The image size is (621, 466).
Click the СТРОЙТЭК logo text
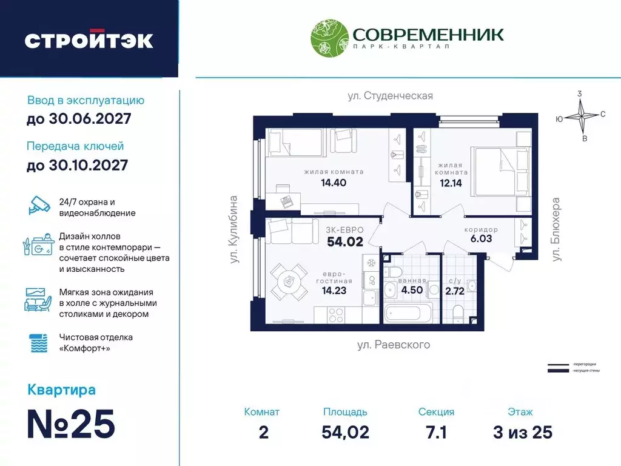(89, 40)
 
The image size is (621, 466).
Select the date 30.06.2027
(79, 119)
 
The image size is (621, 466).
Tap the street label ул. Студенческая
(390, 96)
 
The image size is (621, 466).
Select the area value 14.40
(334, 182)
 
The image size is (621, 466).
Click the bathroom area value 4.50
(412, 289)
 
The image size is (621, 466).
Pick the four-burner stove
(335, 316)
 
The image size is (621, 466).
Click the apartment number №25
(72, 425)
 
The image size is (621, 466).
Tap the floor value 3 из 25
(522, 432)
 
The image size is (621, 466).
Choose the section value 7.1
(436, 432)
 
